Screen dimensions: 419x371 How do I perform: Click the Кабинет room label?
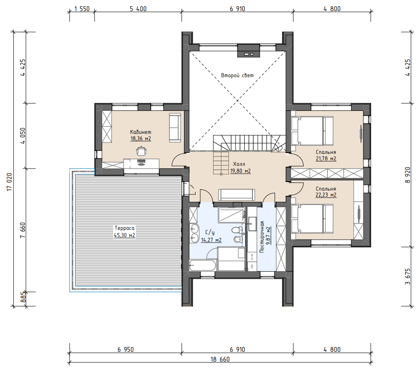pos(141,132)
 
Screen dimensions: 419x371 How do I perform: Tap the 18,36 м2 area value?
pos(141,139)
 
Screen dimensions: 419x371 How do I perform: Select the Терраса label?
pos(125,228)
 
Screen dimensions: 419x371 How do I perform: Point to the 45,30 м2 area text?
pos(125,235)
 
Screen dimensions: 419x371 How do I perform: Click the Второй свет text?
pos(237,75)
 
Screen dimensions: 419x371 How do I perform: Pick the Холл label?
pos(239,164)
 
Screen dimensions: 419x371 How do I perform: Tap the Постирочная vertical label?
pos(262,237)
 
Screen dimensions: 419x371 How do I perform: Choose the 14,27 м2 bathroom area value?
pos(211,240)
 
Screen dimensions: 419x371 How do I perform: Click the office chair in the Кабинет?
pos(141,151)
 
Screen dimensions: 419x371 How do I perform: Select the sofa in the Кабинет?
pos(175,128)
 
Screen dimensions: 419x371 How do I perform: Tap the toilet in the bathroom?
pos(237,230)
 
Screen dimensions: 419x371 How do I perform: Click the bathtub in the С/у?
pos(202,265)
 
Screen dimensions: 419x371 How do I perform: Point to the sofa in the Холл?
pos(237,194)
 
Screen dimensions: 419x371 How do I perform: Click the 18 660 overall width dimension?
pos(220,359)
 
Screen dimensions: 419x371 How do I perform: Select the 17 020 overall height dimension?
pos(10,182)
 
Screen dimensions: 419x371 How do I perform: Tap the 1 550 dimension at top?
pos(82,9)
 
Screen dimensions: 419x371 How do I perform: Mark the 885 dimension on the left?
pos(23,297)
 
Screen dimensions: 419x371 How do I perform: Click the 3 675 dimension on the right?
pos(407,277)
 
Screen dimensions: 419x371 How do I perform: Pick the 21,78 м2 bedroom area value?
pos(326,159)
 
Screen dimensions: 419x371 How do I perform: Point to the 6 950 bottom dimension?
pos(126,349)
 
